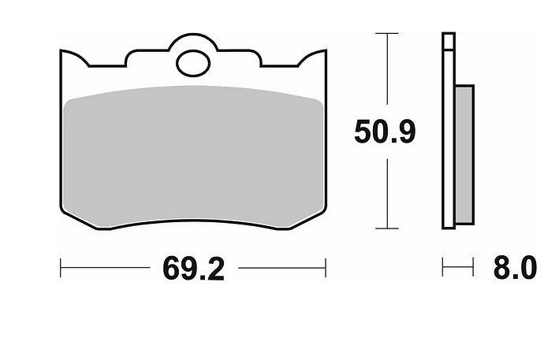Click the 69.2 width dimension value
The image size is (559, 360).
coord(194,269)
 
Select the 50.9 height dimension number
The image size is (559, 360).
coord(385,132)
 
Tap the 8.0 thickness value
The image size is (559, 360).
coord(515,267)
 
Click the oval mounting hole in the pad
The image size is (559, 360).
coord(193,63)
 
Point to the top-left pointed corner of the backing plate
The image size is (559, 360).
coord(61,50)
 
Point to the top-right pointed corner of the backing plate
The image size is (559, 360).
coord(326,50)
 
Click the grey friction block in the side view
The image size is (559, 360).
coord(464,154)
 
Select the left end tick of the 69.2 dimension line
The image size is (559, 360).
coord(61,268)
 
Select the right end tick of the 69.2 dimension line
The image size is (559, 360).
coord(326,268)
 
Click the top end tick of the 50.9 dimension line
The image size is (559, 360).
coord(387,33)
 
